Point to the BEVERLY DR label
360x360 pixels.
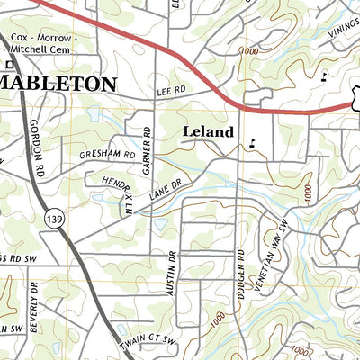tap(32, 309)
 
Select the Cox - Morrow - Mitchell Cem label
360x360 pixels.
tap(44, 44)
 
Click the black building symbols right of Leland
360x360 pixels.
tap(253, 140)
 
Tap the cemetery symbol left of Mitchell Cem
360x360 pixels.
tap(5, 63)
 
